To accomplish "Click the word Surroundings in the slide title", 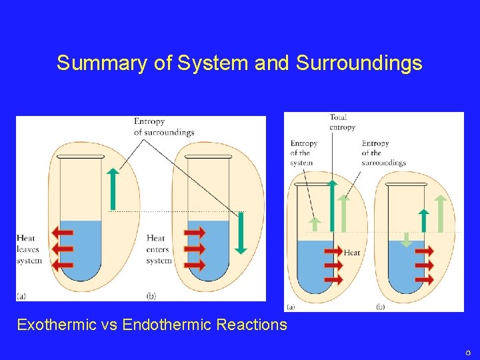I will (359, 63).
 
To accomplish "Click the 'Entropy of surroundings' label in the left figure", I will (164, 127).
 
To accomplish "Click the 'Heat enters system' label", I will (159, 249).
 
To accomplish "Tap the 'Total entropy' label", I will (342, 123).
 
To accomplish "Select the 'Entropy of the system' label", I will (303, 153).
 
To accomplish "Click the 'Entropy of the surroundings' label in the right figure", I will (383, 153).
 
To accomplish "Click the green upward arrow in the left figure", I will (113, 189).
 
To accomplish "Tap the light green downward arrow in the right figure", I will (406, 239).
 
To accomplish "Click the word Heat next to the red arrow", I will (352, 253).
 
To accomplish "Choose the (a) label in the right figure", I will (291, 307).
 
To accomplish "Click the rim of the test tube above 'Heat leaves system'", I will (81, 157).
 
